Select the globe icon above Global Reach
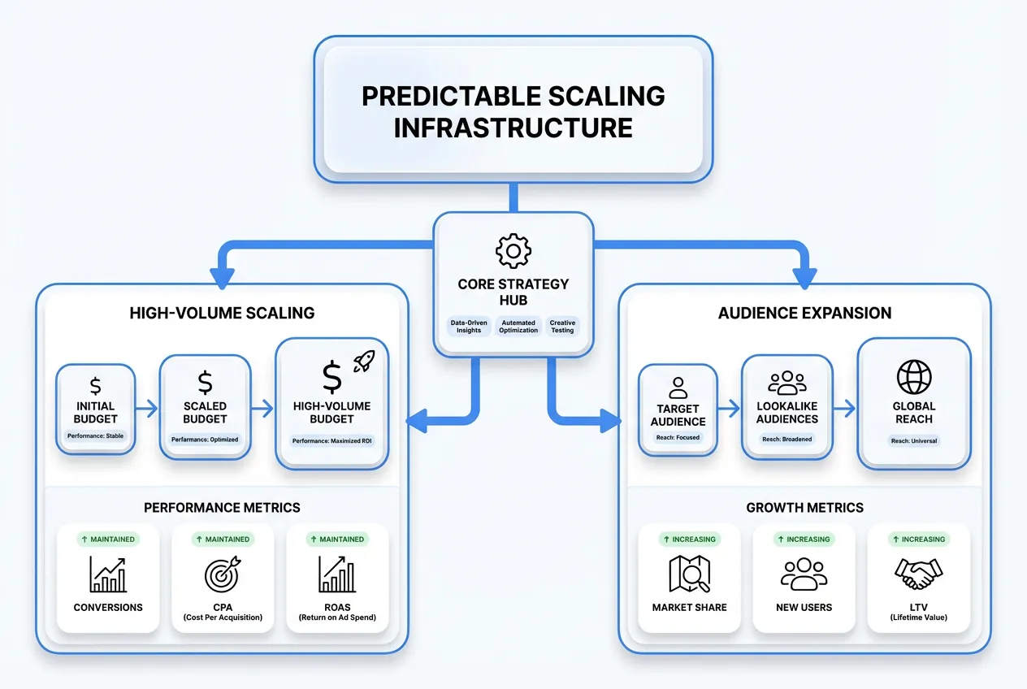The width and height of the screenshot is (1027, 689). pyautogui.click(x=915, y=377)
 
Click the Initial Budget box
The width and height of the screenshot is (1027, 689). pyautogui.click(x=96, y=409)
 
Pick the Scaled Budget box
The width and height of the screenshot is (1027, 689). pyautogui.click(x=205, y=406)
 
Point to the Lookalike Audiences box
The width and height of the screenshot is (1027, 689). pyautogui.click(x=786, y=406)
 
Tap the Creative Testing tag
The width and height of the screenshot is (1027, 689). pyautogui.click(x=562, y=327)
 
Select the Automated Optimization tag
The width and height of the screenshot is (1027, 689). pyautogui.click(x=518, y=327)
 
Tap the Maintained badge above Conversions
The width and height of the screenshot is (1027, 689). pyautogui.click(x=108, y=539)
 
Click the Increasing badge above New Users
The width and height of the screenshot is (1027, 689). pyautogui.click(x=804, y=539)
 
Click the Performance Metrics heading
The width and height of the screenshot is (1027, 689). pyautogui.click(x=222, y=508)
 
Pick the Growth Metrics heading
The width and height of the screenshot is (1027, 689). pyautogui.click(x=804, y=508)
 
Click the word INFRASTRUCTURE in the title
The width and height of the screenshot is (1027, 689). pyautogui.click(x=513, y=128)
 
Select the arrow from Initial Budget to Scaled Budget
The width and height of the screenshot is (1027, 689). pyautogui.click(x=147, y=409)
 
